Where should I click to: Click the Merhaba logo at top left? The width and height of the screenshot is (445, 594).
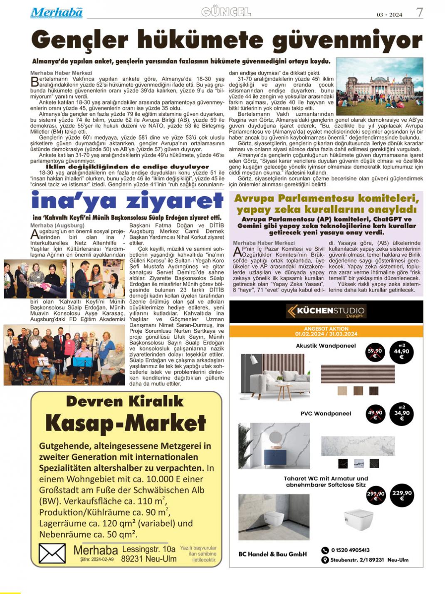[56, 13]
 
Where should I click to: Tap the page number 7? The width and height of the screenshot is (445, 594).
[420, 12]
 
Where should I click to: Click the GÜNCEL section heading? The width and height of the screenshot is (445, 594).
[226, 12]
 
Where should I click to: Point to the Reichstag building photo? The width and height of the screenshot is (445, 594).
[379, 86]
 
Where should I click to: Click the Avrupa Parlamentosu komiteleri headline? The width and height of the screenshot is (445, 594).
[326, 204]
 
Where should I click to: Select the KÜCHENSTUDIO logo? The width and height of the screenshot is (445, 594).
[326, 311]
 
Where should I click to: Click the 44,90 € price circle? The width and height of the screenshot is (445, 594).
[401, 352]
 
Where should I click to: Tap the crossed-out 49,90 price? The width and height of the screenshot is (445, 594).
[375, 414]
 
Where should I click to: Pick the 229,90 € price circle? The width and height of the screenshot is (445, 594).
[401, 494]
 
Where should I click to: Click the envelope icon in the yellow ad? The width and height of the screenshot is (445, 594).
[52, 554]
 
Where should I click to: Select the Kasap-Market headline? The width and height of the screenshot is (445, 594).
[126, 423]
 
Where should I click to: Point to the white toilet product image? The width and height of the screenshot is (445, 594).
[358, 519]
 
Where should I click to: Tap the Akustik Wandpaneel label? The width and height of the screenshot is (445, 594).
[326, 346]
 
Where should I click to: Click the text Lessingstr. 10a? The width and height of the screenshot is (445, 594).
[149, 549]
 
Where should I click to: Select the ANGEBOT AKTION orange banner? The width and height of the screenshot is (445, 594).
[326, 331]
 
